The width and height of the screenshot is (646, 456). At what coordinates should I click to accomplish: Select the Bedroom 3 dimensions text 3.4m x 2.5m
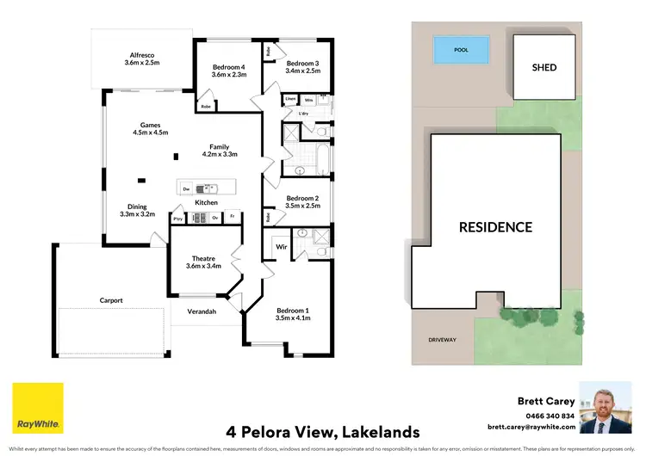[x=303, y=71]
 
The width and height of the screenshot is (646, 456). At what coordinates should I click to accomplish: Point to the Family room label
[x=219, y=146]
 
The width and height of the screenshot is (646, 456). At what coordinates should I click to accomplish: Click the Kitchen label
[x=206, y=202]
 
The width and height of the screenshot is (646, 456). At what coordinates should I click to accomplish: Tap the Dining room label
[x=137, y=206]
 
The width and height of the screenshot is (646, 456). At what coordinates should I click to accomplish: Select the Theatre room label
[x=202, y=258]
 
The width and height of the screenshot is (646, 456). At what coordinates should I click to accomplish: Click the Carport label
[x=111, y=300]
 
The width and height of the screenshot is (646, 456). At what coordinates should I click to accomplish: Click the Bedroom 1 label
[x=292, y=310]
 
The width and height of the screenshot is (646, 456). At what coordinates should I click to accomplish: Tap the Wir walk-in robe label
[x=281, y=246]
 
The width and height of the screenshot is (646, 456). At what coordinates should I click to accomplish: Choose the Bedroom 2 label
[x=302, y=198]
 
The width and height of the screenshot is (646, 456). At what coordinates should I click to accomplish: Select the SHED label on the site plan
[x=544, y=67]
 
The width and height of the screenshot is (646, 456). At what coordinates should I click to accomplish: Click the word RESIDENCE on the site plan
[x=494, y=227]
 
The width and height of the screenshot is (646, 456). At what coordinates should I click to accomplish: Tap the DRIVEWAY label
[x=442, y=340]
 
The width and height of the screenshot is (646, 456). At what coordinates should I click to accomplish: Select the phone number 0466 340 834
[x=546, y=415]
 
